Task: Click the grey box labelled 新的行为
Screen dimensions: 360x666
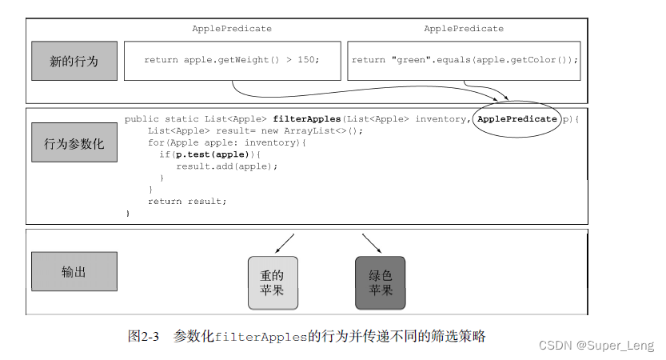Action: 74,61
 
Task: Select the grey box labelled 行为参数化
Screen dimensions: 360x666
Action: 74,144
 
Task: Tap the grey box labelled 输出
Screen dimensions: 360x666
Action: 74,271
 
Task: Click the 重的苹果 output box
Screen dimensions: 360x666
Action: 273,282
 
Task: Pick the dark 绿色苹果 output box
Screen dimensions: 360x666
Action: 380,282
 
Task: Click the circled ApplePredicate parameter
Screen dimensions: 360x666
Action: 516,119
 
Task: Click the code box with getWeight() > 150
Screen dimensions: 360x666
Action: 231,61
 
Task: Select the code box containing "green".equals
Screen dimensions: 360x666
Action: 465,61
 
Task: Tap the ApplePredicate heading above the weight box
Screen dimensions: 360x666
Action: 231,29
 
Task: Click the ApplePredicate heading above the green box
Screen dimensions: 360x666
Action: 464,29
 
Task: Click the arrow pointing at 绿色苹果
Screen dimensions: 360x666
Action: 372,242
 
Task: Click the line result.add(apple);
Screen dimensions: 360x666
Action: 226,166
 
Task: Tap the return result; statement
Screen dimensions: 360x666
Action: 187,202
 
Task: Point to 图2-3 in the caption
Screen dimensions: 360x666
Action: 144,337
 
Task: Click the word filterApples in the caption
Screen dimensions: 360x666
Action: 261,337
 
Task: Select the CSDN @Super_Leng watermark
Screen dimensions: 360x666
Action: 596,345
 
